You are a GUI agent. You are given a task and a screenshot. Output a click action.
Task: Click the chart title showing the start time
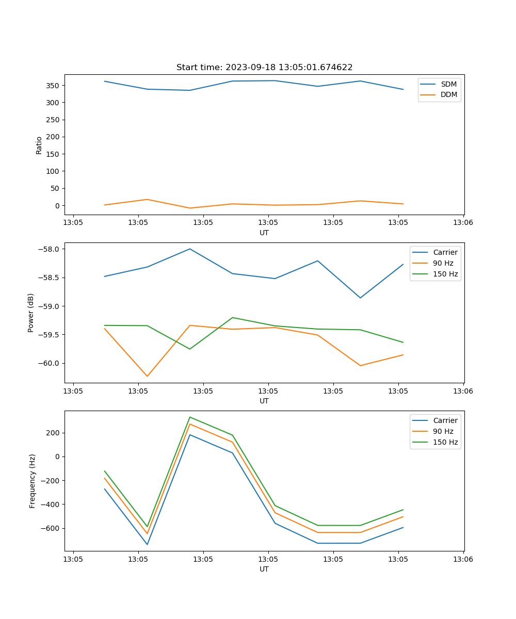(264, 68)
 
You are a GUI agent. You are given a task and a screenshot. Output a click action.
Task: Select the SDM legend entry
(448, 84)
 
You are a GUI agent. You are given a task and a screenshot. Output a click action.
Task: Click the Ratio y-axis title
(39, 145)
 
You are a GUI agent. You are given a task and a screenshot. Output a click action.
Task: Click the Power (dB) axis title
(31, 313)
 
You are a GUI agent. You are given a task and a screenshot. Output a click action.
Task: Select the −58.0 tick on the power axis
(51, 249)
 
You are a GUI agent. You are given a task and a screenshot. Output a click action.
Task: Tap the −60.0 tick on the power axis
(51, 363)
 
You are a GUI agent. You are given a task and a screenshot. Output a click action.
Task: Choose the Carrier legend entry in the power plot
(445, 252)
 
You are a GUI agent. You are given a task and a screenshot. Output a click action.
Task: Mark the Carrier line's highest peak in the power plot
(190, 249)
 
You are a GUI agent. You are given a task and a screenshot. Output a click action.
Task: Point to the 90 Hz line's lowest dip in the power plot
(147, 376)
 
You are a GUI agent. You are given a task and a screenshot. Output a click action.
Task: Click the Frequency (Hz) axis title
(33, 481)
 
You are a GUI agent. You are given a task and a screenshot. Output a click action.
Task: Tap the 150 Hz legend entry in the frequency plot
(445, 442)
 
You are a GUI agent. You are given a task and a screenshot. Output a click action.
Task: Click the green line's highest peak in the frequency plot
(190, 417)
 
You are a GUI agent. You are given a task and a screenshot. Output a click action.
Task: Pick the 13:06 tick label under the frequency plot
(463, 559)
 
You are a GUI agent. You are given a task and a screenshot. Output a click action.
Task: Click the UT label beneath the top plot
(264, 233)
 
